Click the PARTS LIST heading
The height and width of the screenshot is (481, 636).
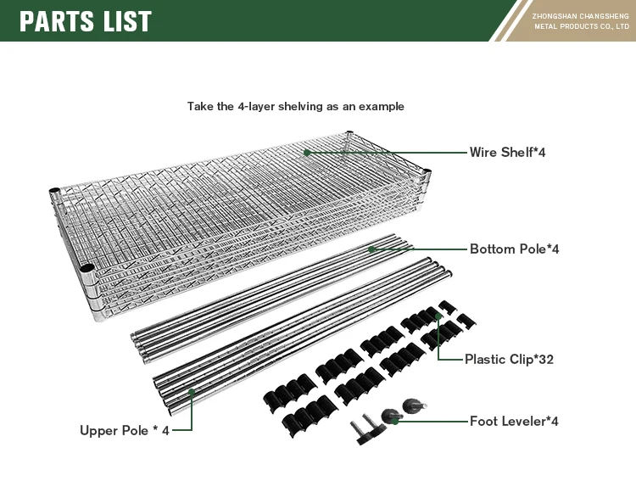[x=85, y=21]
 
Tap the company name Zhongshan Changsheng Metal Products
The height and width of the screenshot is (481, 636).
[x=581, y=21]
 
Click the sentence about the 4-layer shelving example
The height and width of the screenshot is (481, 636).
[x=296, y=106]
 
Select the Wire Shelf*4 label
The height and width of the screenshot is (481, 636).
[x=507, y=152]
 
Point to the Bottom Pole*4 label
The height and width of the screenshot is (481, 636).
[x=515, y=249]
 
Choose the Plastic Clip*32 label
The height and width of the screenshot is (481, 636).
[x=509, y=359]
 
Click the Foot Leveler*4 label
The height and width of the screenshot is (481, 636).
[x=514, y=421]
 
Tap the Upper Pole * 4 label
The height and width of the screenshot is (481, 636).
[x=125, y=430]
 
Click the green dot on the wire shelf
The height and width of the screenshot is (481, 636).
[x=307, y=153]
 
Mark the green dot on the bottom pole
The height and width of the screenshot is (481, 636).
[x=371, y=249]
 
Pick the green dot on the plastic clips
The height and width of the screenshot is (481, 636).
[x=438, y=316]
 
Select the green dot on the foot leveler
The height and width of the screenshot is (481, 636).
[x=394, y=422]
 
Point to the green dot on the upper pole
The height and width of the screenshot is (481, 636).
[x=192, y=392]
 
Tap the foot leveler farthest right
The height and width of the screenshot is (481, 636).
[x=414, y=405]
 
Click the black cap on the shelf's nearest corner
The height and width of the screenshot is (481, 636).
[x=86, y=268]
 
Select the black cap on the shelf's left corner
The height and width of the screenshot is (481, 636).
[x=54, y=191]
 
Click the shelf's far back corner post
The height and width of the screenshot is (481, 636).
[x=349, y=140]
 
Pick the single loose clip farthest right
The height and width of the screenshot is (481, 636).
[x=466, y=320]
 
